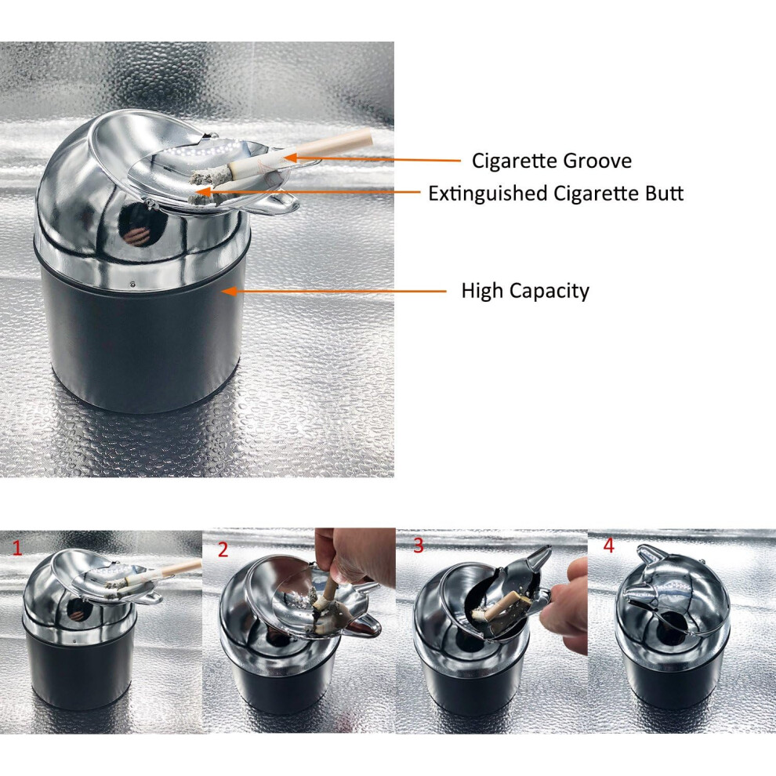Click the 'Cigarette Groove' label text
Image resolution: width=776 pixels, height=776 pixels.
tap(552, 161)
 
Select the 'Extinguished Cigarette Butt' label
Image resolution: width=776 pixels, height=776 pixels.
tap(556, 194)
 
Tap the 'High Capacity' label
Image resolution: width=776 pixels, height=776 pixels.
tap(525, 291)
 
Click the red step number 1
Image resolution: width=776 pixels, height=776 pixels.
tap(17, 548)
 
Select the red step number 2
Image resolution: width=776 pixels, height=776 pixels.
tap(223, 549)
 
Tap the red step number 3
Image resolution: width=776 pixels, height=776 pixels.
tap(419, 546)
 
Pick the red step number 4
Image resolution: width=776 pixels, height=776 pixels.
tap(609, 546)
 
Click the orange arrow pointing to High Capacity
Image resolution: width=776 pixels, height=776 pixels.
tap(334, 291)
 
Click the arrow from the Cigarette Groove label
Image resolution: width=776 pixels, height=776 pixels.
tap(372, 159)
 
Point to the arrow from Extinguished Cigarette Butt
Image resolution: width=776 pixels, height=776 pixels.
tap(308, 191)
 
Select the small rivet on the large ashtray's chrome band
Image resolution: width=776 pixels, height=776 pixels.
tap(132, 284)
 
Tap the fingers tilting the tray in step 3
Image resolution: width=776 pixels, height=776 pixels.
tap(567, 603)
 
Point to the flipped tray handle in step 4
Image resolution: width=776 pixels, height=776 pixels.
tap(649, 556)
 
